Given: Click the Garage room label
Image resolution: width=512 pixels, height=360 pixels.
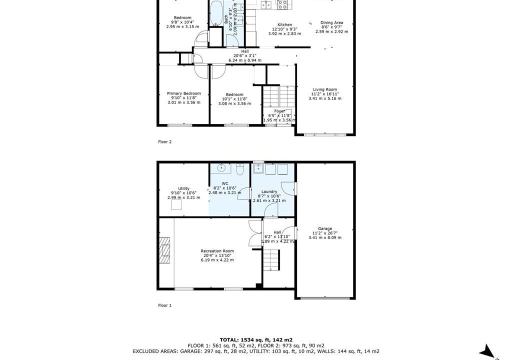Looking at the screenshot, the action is tap(325, 228).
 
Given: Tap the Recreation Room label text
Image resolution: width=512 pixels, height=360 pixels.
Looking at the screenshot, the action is tap(217, 251).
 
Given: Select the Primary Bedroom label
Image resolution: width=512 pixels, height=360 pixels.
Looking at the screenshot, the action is tap(184, 93).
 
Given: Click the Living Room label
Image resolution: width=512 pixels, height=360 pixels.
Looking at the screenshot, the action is tap(325, 89).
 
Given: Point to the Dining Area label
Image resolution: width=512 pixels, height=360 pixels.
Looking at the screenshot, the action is tap(332, 23).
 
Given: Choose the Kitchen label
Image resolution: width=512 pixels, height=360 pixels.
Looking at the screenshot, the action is tap(284, 25).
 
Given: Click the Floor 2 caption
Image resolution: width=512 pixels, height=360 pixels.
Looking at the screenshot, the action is tap(165, 142).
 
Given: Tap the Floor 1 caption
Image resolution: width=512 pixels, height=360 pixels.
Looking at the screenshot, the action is tap(165, 305).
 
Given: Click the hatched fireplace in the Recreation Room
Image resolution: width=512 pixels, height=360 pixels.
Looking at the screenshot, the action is tap(164, 250).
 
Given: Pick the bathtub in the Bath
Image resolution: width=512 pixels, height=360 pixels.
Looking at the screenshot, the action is tap(215, 13).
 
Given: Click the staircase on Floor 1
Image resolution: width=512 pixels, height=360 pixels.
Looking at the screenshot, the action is tap(271, 259).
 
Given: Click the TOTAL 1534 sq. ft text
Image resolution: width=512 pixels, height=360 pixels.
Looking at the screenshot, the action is tap(256, 339).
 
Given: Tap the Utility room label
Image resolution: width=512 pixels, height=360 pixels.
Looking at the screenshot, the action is tap(184, 188).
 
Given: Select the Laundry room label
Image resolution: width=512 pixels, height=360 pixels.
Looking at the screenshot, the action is tap(269, 192).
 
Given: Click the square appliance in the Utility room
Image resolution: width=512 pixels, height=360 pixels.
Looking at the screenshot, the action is tap(176, 204).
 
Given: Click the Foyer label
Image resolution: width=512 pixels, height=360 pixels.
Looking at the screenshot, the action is tap(279, 111).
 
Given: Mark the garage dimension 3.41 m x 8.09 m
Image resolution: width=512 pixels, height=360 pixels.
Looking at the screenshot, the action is tap(325, 237).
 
